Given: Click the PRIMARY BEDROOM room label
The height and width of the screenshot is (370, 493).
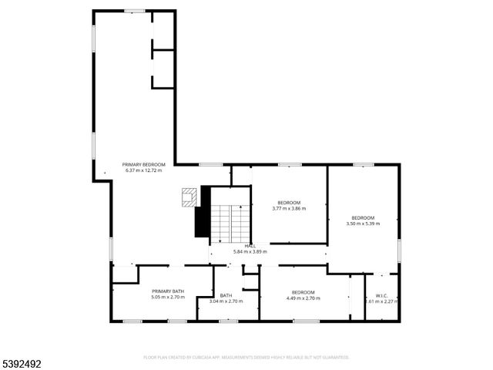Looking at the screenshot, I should (143, 164).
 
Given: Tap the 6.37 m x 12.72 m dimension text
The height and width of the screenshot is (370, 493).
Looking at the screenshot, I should (143, 170).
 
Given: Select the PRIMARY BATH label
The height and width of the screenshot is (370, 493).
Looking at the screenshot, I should (168, 291).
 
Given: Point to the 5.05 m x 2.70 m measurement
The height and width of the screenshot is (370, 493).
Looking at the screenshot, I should (168, 297).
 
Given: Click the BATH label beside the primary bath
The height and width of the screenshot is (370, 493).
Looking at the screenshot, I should (226, 295).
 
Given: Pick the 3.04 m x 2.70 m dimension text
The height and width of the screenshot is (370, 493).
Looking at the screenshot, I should (226, 301).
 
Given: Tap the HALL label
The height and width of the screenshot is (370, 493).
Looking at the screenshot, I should (250, 246).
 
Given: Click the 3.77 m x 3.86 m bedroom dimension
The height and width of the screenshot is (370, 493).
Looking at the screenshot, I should (289, 209).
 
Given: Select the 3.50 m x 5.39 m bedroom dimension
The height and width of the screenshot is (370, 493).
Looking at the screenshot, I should (363, 224).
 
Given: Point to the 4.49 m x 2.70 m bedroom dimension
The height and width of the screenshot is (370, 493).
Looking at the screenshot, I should (303, 298).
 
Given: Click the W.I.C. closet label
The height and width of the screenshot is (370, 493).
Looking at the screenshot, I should (381, 295).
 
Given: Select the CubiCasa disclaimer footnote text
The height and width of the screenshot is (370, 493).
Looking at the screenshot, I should (246, 358).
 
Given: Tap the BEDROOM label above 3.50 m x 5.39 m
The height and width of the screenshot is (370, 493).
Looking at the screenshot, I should (363, 217).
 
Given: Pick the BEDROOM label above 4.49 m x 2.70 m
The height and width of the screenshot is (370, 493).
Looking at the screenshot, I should (303, 291).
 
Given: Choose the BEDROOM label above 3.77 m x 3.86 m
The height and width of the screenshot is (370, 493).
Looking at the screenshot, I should (289, 203).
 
